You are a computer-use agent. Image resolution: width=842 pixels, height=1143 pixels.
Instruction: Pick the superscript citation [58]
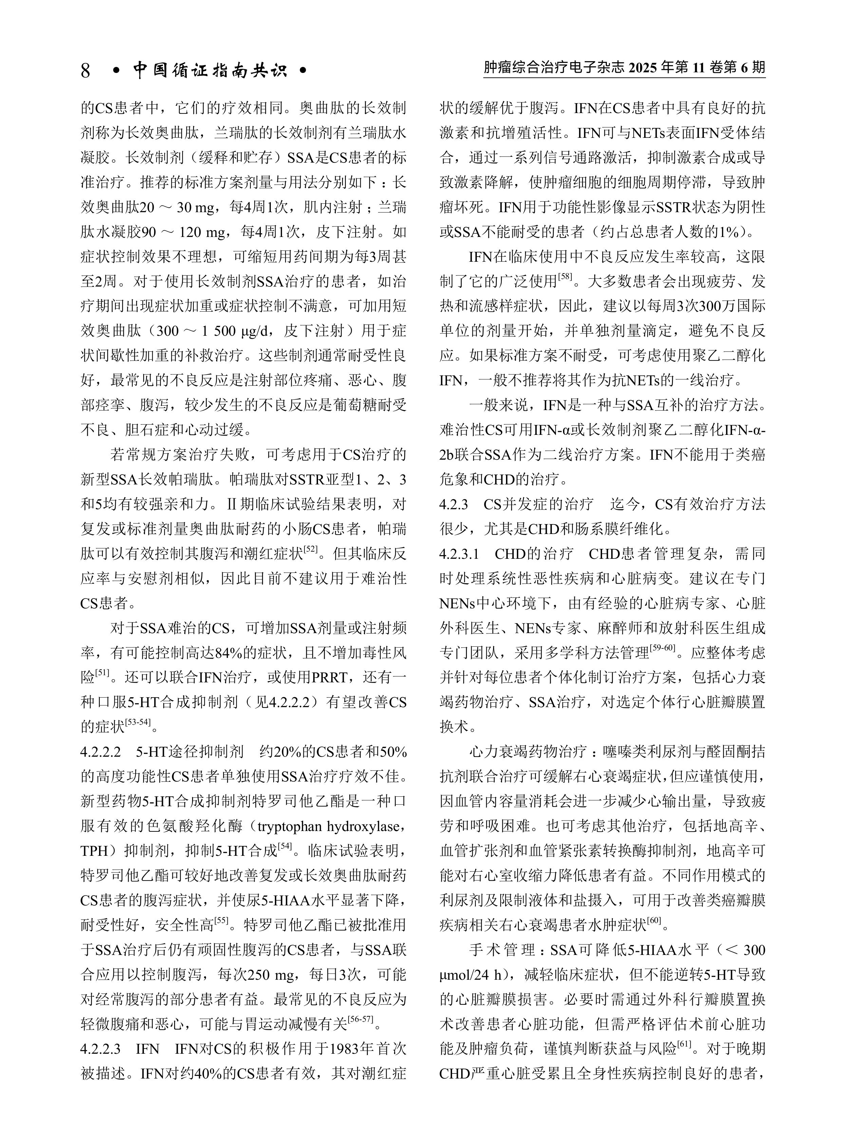click(565, 277)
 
